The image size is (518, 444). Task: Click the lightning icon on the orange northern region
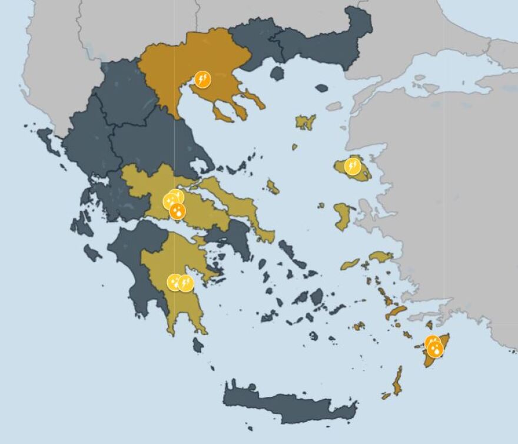click(x=202, y=79)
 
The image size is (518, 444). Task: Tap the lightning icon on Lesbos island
click(x=352, y=167)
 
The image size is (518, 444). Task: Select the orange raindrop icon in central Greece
click(x=177, y=211)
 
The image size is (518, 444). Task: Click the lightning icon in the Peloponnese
click(x=186, y=283)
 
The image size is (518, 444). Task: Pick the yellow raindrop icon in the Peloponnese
click(x=174, y=281)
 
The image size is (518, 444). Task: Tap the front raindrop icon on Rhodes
click(x=436, y=349)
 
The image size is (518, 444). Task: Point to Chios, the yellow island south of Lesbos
click(x=343, y=216)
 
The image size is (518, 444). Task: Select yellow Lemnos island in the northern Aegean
click(x=306, y=122)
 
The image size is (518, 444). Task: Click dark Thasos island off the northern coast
click(x=277, y=73)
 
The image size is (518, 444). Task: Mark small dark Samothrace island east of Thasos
click(x=321, y=88)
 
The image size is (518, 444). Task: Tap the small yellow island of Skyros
click(x=272, y=187)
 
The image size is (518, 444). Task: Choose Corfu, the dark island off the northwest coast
click(x=48, y=141)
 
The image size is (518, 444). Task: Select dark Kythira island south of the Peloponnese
click(x=198, y=345)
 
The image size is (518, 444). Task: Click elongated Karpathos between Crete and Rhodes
click(x=398, y=381)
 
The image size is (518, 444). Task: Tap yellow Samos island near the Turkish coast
click(x=381, y=256)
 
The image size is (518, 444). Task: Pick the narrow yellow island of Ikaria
click(x=350, y=264)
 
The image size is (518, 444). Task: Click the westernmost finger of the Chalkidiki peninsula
click(x=223, y=112)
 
